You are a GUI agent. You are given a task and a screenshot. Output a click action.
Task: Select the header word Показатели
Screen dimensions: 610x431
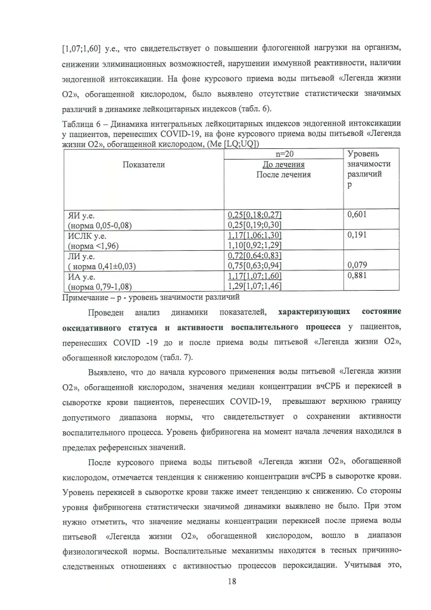click(143, 164)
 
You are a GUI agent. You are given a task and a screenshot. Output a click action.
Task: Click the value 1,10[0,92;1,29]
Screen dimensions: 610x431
click(255, 245)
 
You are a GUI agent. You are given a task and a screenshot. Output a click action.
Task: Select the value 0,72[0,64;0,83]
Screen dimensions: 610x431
click(255, 256)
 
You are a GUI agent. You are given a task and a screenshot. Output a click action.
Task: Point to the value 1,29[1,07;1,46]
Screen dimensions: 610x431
click(255, 287)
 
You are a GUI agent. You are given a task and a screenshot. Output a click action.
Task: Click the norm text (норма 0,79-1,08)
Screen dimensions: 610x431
click(98, 287)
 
